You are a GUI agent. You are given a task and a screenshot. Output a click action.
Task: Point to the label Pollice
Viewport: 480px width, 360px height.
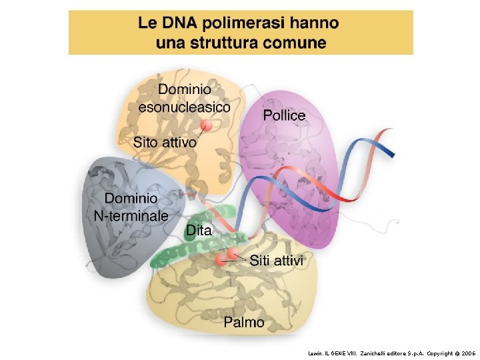(x=284, y=115)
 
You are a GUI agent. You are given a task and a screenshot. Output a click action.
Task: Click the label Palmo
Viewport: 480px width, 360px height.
(x=243, y=323)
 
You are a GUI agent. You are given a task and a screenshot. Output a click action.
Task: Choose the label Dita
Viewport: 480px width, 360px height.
(x=199, y=231)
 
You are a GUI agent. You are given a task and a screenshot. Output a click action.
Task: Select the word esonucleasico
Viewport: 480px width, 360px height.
(x=184, y=106)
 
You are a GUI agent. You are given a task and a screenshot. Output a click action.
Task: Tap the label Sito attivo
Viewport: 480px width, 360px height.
(x=165, y=142)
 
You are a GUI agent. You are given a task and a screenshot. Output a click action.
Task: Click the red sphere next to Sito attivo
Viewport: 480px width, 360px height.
(x=207, y=126)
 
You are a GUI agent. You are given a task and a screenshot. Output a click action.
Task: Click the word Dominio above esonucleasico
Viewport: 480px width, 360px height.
(x=185, y=89)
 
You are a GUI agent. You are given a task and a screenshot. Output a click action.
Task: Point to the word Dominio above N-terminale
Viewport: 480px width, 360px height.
(x=131, y=199)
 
